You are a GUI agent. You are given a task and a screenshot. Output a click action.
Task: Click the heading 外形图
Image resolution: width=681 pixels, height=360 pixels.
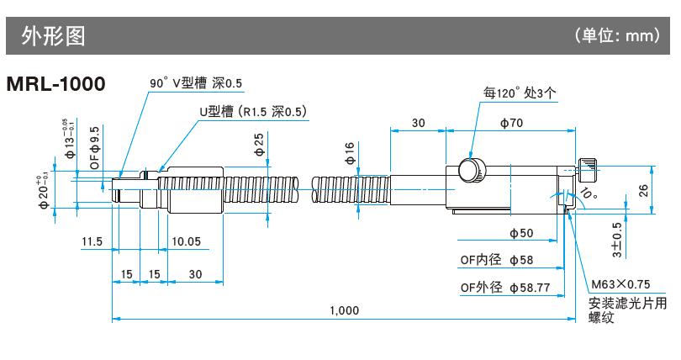point(58,36)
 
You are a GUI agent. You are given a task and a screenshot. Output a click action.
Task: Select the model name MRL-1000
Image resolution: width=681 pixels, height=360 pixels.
point(55,85)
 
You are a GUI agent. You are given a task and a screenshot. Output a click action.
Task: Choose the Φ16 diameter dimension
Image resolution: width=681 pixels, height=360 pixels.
point(350,154)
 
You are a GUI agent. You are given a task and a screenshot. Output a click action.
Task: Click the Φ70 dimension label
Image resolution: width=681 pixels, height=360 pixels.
point(512,123)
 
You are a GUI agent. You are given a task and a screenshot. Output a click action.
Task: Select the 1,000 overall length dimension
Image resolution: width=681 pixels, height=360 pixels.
point(344,310)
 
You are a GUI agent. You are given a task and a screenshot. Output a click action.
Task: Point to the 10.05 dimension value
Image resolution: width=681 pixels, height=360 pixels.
point(186,241)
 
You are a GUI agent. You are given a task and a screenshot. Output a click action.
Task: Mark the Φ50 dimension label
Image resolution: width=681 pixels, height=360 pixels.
point(521,233)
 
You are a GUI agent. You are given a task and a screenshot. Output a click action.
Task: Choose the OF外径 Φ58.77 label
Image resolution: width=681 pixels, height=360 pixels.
point(504,288)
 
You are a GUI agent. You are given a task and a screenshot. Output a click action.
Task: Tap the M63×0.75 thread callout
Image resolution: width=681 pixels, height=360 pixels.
point(620,285)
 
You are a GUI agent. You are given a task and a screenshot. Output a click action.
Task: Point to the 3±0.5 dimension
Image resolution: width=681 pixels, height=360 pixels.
point(616,240)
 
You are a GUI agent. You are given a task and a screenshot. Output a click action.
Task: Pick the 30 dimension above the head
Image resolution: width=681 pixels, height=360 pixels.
point(417,123)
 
